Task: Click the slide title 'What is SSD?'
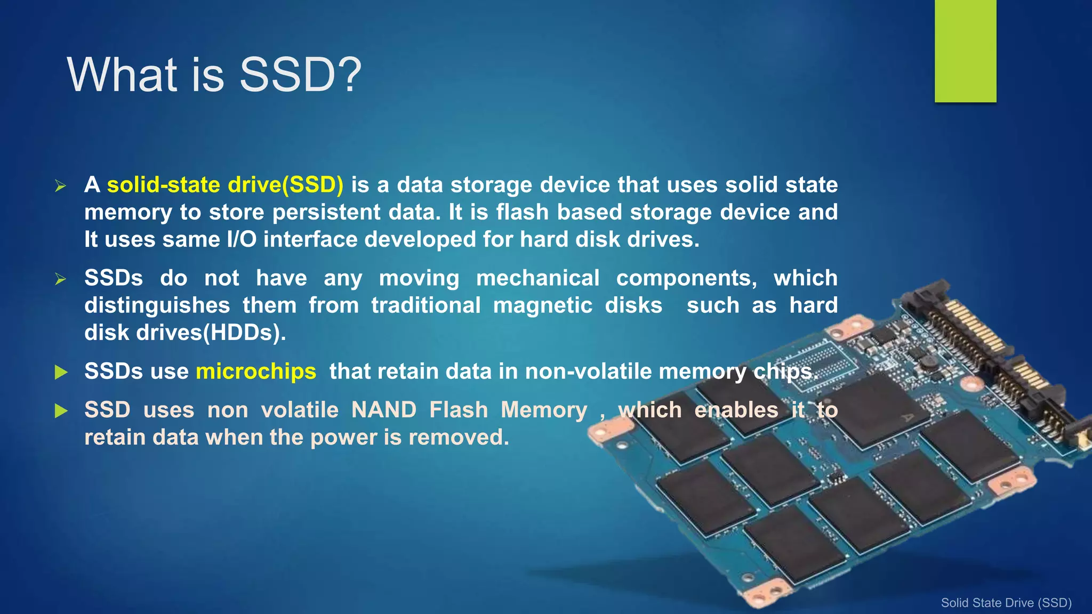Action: [214, 75]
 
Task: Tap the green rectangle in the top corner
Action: [965, 51]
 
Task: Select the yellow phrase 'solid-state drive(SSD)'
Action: [225, 185]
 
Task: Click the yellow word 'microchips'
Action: [256, 371]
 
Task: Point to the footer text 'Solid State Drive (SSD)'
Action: [1006, 603]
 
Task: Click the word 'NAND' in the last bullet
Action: [384, 410]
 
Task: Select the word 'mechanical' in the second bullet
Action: [537, 278]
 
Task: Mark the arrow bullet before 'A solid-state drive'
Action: [61, 186]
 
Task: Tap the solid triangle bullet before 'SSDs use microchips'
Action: [61, 372]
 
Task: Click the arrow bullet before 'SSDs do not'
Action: [61, 279]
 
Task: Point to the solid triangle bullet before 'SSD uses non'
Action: [61, 411]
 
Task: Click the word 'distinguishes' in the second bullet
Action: [157, 306]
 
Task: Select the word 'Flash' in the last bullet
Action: [459, 410]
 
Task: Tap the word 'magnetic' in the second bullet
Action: [542, 306]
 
